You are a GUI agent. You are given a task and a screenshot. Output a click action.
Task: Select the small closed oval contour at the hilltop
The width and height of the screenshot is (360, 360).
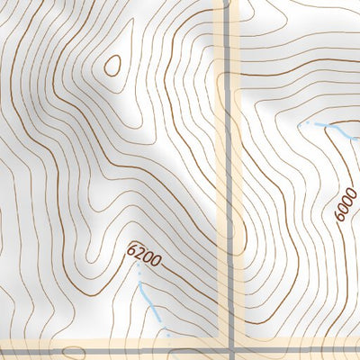[113, 65]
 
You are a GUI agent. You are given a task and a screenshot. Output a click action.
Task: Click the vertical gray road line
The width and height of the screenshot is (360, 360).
[230, 180]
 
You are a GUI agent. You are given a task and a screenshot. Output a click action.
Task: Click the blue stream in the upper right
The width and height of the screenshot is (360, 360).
[337, 130]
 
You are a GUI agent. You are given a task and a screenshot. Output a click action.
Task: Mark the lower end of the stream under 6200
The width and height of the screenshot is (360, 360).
[165, 329]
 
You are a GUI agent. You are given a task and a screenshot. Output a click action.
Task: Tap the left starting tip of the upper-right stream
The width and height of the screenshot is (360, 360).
[308, 121]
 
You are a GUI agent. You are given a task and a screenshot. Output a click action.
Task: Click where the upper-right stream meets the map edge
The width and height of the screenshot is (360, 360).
[357, 139]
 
